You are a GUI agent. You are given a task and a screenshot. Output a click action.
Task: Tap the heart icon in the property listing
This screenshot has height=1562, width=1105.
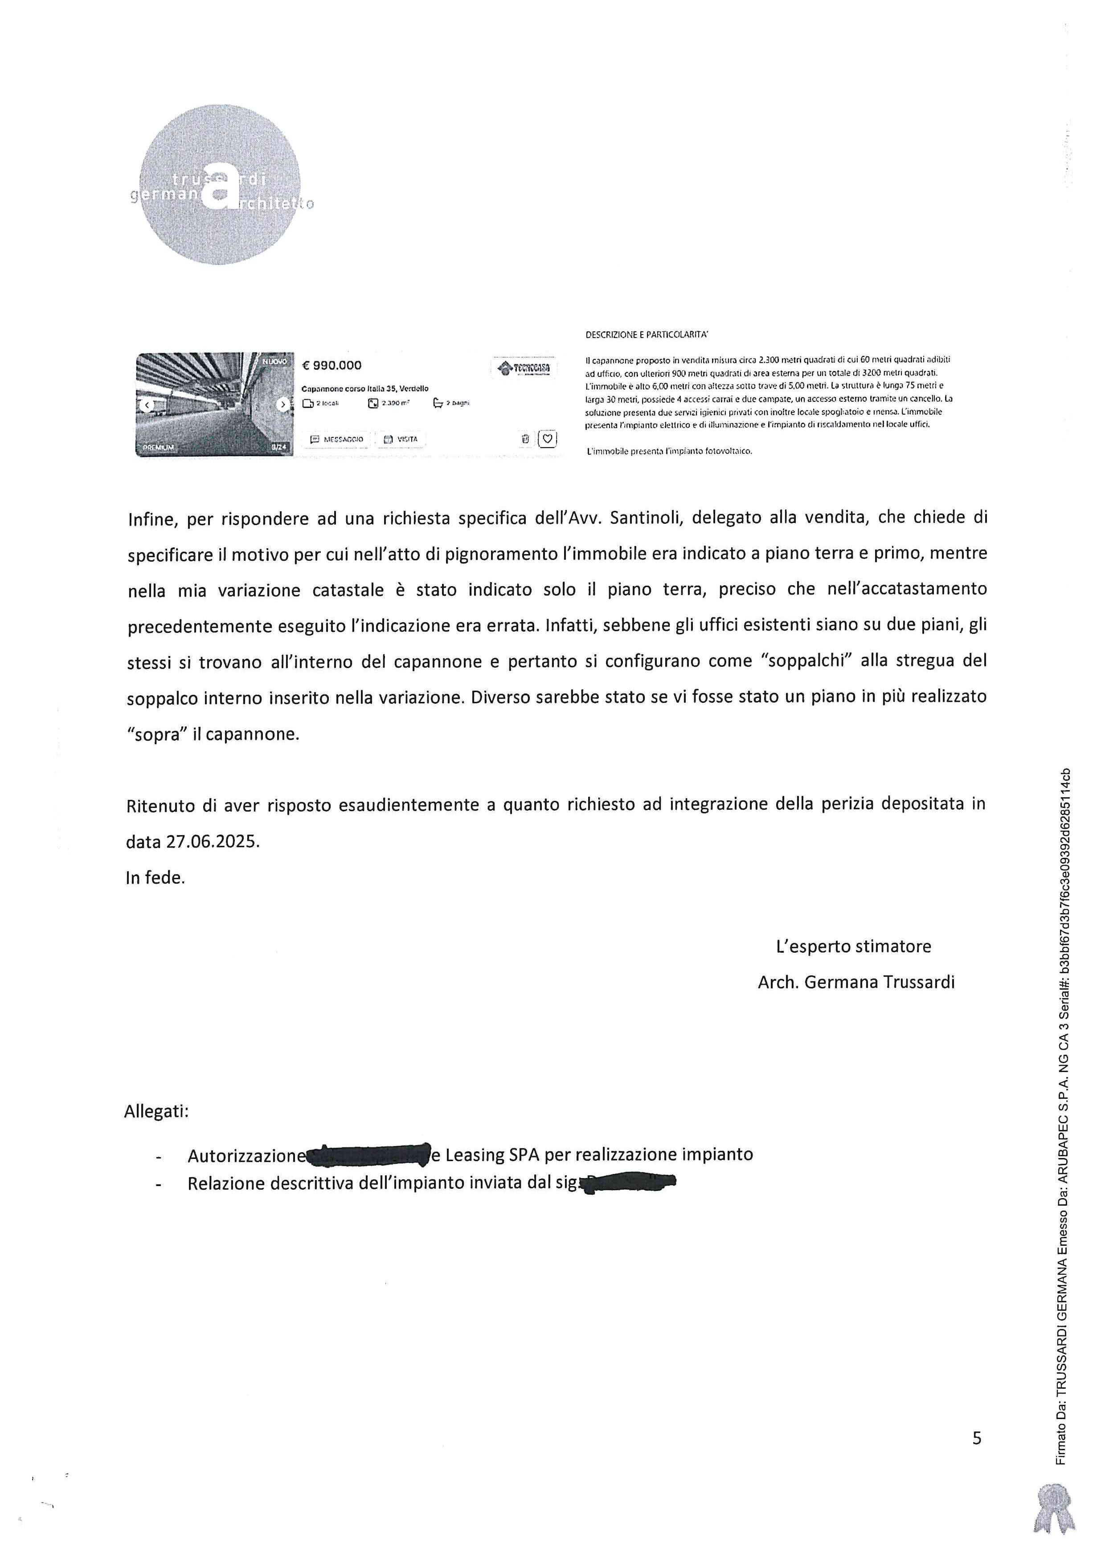[547, 439]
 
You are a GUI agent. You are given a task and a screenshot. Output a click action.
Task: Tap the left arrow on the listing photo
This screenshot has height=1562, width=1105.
[146, 405]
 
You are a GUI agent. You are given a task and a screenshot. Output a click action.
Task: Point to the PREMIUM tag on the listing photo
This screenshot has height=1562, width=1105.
[159, 448]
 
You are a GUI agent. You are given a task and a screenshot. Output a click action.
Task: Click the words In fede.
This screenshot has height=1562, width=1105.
[155, 877]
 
